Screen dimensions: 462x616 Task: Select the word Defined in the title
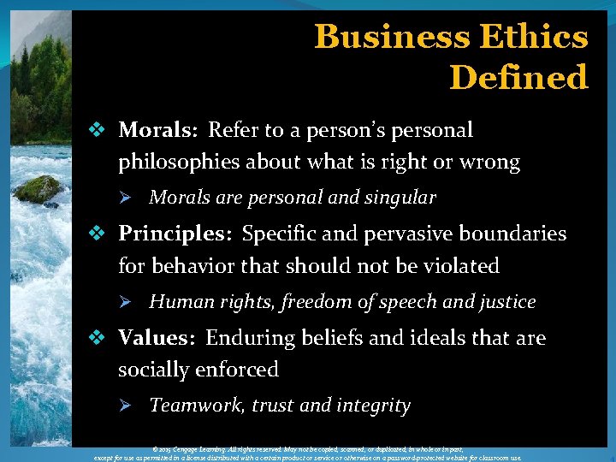coord(518,78)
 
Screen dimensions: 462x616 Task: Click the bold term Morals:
coord(158,131)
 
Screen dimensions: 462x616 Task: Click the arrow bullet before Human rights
coord(124,302)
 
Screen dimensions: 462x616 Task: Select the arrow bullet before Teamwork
coord(124,406)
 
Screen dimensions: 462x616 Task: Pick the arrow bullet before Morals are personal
coord(124,198)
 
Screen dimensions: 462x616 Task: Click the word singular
coord(400,198)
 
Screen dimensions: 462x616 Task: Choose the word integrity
coord(374,406)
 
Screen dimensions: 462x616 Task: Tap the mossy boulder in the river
coord(38,189)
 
